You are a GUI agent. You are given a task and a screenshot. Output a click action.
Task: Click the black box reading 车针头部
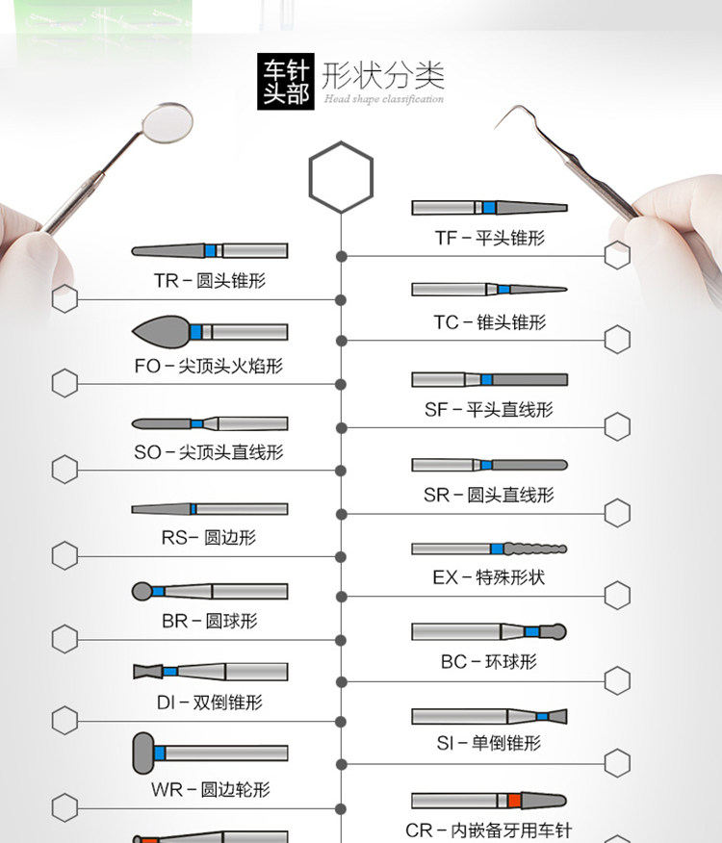tap(286, 84)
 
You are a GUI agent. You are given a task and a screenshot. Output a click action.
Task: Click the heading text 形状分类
tap(383, 75)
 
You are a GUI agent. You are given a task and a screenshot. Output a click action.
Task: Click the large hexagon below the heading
tap(341, 176)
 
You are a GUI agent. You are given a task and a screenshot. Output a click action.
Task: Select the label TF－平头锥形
tap(489, 238)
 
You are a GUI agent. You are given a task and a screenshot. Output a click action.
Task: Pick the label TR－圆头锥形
tap(209, 281)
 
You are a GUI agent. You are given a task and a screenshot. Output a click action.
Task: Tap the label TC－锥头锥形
tap(489, 322)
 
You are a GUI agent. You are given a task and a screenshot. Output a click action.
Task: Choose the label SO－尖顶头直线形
tap(209, 451)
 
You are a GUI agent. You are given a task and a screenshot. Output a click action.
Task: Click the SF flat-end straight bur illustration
tap(489, 380)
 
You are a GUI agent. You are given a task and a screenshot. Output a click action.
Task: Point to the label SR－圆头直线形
tap(489, 495)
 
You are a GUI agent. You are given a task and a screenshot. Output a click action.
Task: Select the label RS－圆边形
tap(209, 537)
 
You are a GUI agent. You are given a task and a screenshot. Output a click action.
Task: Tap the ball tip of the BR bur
tap(142, 591)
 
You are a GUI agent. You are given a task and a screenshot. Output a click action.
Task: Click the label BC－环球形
tap(489, 662)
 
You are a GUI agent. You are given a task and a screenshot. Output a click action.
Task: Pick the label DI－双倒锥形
tap(209, 702)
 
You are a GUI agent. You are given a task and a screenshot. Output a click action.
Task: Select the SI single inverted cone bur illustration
tap(489, 717)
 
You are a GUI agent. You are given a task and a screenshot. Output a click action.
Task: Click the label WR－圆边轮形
tap(209, 790)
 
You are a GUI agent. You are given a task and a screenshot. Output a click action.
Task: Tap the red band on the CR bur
tap(515, 801)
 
